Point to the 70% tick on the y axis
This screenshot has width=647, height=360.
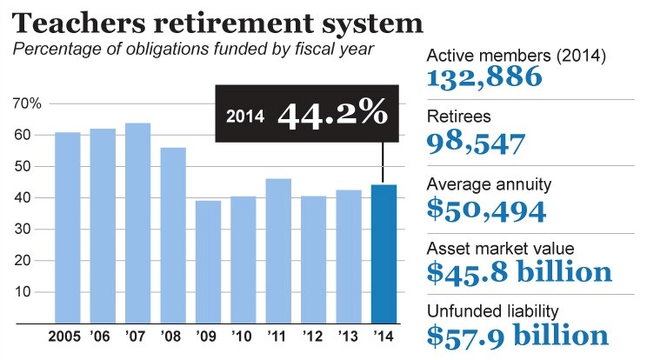coord(27,103)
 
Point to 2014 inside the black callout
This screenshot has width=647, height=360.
coord(242,116)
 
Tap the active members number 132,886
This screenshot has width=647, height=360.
coord(484,77)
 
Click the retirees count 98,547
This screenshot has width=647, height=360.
coord(477,143)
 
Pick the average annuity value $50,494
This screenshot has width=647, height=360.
coord(486,208)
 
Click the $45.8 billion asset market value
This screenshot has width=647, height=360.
coord(519,272)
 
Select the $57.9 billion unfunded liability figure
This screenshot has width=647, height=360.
coord(518,335)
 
